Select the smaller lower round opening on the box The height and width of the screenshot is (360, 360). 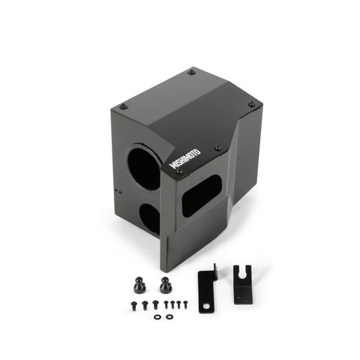[150, 217]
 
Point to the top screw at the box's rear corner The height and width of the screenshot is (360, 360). [191, 72]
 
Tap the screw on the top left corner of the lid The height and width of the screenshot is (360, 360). [124, 106]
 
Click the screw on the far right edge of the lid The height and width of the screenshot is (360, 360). [251, 104]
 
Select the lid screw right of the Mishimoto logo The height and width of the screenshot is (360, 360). [217, 148]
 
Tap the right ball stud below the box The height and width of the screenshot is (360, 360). [163, 284]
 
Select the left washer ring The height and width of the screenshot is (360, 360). [157, 316]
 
